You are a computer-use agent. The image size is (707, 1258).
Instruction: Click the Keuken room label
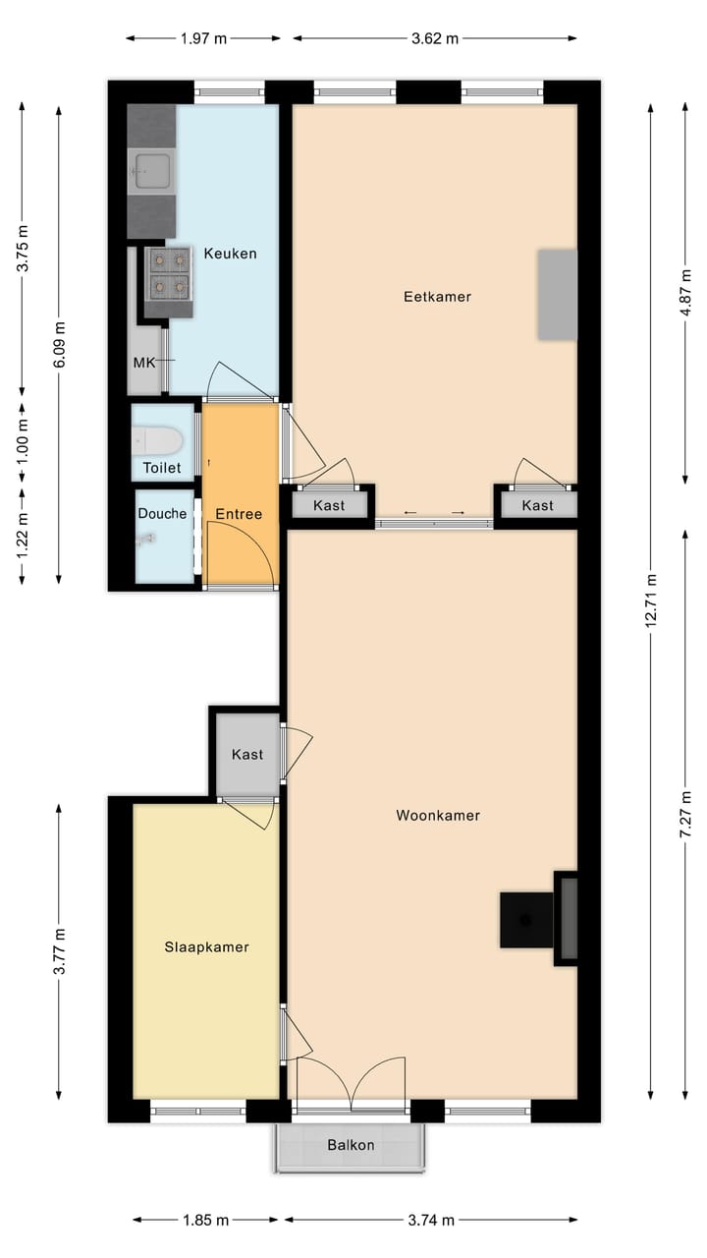(230, 254)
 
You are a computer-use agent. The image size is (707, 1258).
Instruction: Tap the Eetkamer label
(437, 297)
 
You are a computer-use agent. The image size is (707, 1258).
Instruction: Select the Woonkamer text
(438, 816)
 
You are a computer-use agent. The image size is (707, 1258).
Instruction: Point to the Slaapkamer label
(206, 947)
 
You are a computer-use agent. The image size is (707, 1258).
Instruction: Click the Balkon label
(351, 1145)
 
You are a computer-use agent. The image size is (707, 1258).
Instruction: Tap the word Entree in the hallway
(239, 514)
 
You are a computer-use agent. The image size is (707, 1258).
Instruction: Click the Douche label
(162, 513)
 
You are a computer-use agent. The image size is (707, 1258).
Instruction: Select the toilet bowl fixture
(158, 439)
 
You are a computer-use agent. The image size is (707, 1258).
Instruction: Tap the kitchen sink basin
(151, 171)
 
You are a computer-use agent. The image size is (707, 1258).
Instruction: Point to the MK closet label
(143, 363)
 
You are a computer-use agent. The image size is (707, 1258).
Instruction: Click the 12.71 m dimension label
(650, 600)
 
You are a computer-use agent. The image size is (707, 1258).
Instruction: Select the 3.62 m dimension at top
(435, 38)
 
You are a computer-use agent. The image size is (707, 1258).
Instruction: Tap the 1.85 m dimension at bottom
(205, 1220)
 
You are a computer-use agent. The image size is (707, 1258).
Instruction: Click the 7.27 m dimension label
(685, 815)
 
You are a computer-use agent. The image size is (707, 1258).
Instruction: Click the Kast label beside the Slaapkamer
(246, 754)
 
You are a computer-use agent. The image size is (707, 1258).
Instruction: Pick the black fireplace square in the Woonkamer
(526, 920)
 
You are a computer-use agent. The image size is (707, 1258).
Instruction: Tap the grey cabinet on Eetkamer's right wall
(557, 295)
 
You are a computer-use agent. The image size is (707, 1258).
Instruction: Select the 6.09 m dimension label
(59, 344)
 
